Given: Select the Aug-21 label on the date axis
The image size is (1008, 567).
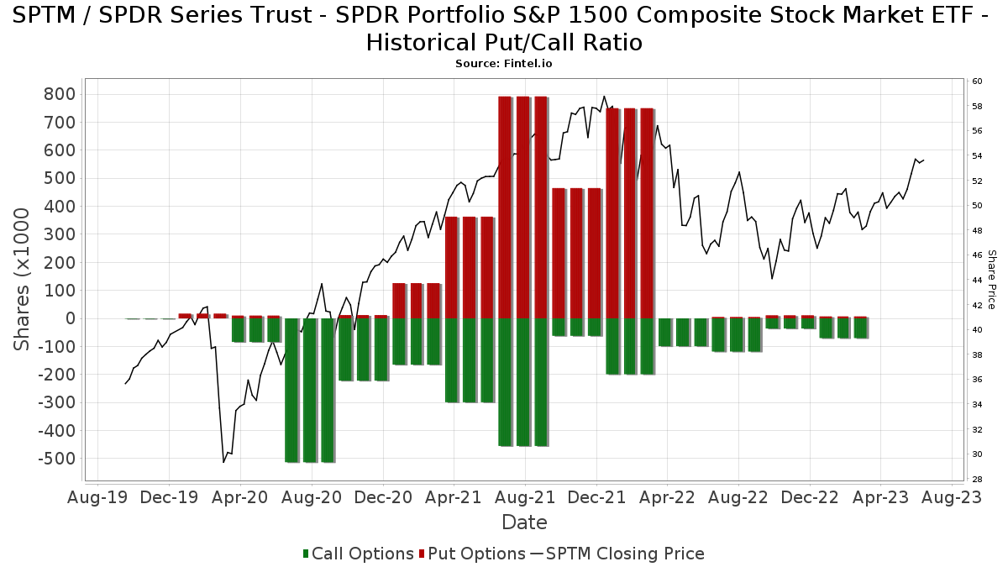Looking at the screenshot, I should click(x=525, y=496).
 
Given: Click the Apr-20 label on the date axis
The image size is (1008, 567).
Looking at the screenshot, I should click(x=240, y=496).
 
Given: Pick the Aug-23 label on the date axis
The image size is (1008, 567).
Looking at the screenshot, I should click(x=952, y=496).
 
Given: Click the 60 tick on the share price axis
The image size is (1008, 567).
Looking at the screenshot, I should click(x=977, y=81).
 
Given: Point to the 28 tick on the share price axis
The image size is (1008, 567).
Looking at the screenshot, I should click(x=977, y=479).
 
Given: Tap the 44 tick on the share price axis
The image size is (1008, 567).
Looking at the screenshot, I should click(x=977, y=281).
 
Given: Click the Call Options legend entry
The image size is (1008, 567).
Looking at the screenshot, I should click(x=359, y=554).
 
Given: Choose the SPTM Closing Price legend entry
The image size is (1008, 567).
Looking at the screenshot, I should click(x=617, y=554).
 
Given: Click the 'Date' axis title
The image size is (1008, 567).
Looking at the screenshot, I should click(x=524, y=522).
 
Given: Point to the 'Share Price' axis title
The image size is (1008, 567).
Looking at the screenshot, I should click(x=991, y=279).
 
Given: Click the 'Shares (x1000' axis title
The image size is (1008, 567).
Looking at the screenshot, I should click(x=23, y=280).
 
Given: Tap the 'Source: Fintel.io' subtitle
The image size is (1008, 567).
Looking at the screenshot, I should click(x=504, y=64).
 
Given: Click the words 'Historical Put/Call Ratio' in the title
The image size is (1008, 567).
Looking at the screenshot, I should click(x=504, y=43).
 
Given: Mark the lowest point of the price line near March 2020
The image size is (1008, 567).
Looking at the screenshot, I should click(x=223, y=462).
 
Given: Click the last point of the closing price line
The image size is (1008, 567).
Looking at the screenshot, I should click(x=923, y=160).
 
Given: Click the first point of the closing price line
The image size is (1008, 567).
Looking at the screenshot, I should click(x=125, y=384).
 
